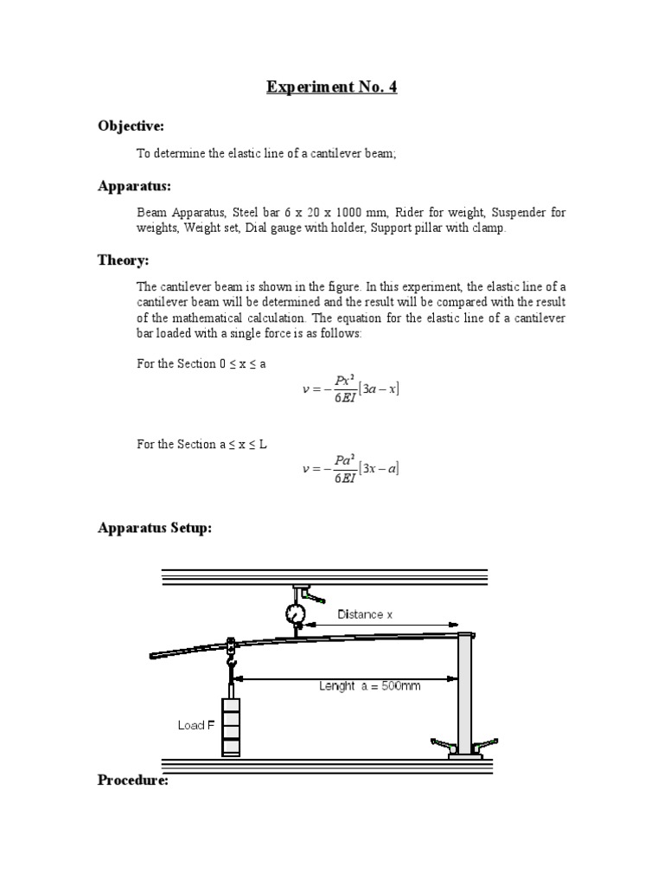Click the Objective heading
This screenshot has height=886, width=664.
pos(131,126)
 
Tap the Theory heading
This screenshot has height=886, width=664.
pos(124,260)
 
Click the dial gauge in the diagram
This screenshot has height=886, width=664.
pos(296,613)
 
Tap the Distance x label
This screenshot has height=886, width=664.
pos(365,614)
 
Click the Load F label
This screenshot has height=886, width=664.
pos(196,725)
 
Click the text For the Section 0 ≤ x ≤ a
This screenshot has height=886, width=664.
pos(201,363)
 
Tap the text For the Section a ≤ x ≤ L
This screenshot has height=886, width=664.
pos(201,444)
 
